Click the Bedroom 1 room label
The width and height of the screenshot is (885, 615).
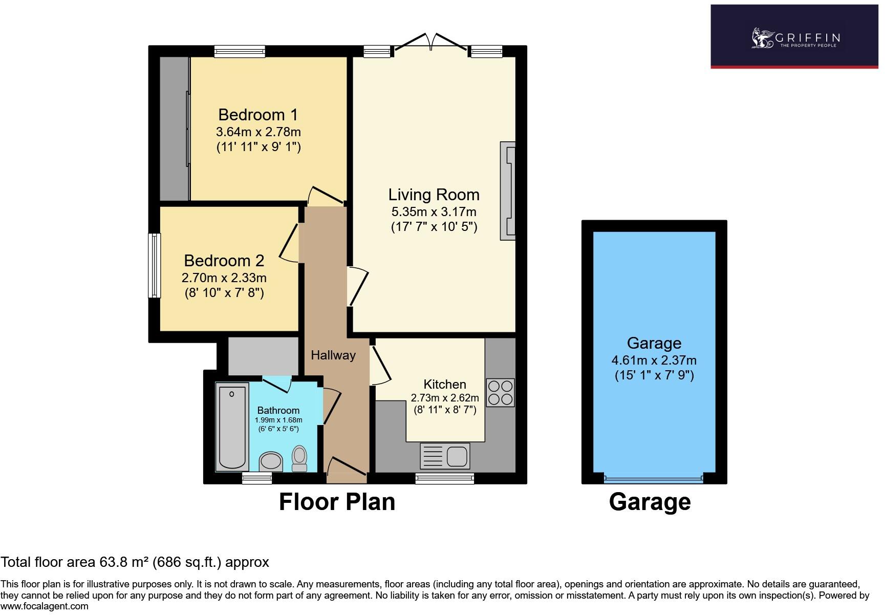click(257, 114)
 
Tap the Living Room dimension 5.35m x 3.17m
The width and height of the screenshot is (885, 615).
click(434, 211)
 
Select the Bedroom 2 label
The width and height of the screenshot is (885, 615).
click(224, 261)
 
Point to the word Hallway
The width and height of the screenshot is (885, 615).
click(333, 355)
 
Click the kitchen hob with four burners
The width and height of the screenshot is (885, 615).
click(500, 392)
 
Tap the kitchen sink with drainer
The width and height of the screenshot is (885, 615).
click(445, 456)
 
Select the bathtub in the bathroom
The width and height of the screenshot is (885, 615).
click(232, 427)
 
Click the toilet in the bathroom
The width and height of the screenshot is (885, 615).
click(299, 458)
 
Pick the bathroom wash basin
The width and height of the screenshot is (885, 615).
click(271, 461)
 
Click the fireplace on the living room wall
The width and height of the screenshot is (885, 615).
click(508, 190)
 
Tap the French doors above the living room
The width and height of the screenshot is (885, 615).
click(430, 42)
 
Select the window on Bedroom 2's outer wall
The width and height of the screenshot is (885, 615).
click(154, 265)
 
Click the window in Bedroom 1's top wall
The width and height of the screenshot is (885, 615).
click(240, 51)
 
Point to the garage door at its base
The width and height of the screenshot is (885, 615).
click(653, 478)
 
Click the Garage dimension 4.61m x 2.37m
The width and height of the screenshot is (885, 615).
click(654, 360)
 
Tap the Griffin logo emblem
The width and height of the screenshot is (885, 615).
click(762, 38)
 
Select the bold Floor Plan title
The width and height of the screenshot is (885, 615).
click(337, 502)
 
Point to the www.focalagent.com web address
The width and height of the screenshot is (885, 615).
click(45, 606)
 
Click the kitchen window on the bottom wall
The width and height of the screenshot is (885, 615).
click(444, 478)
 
